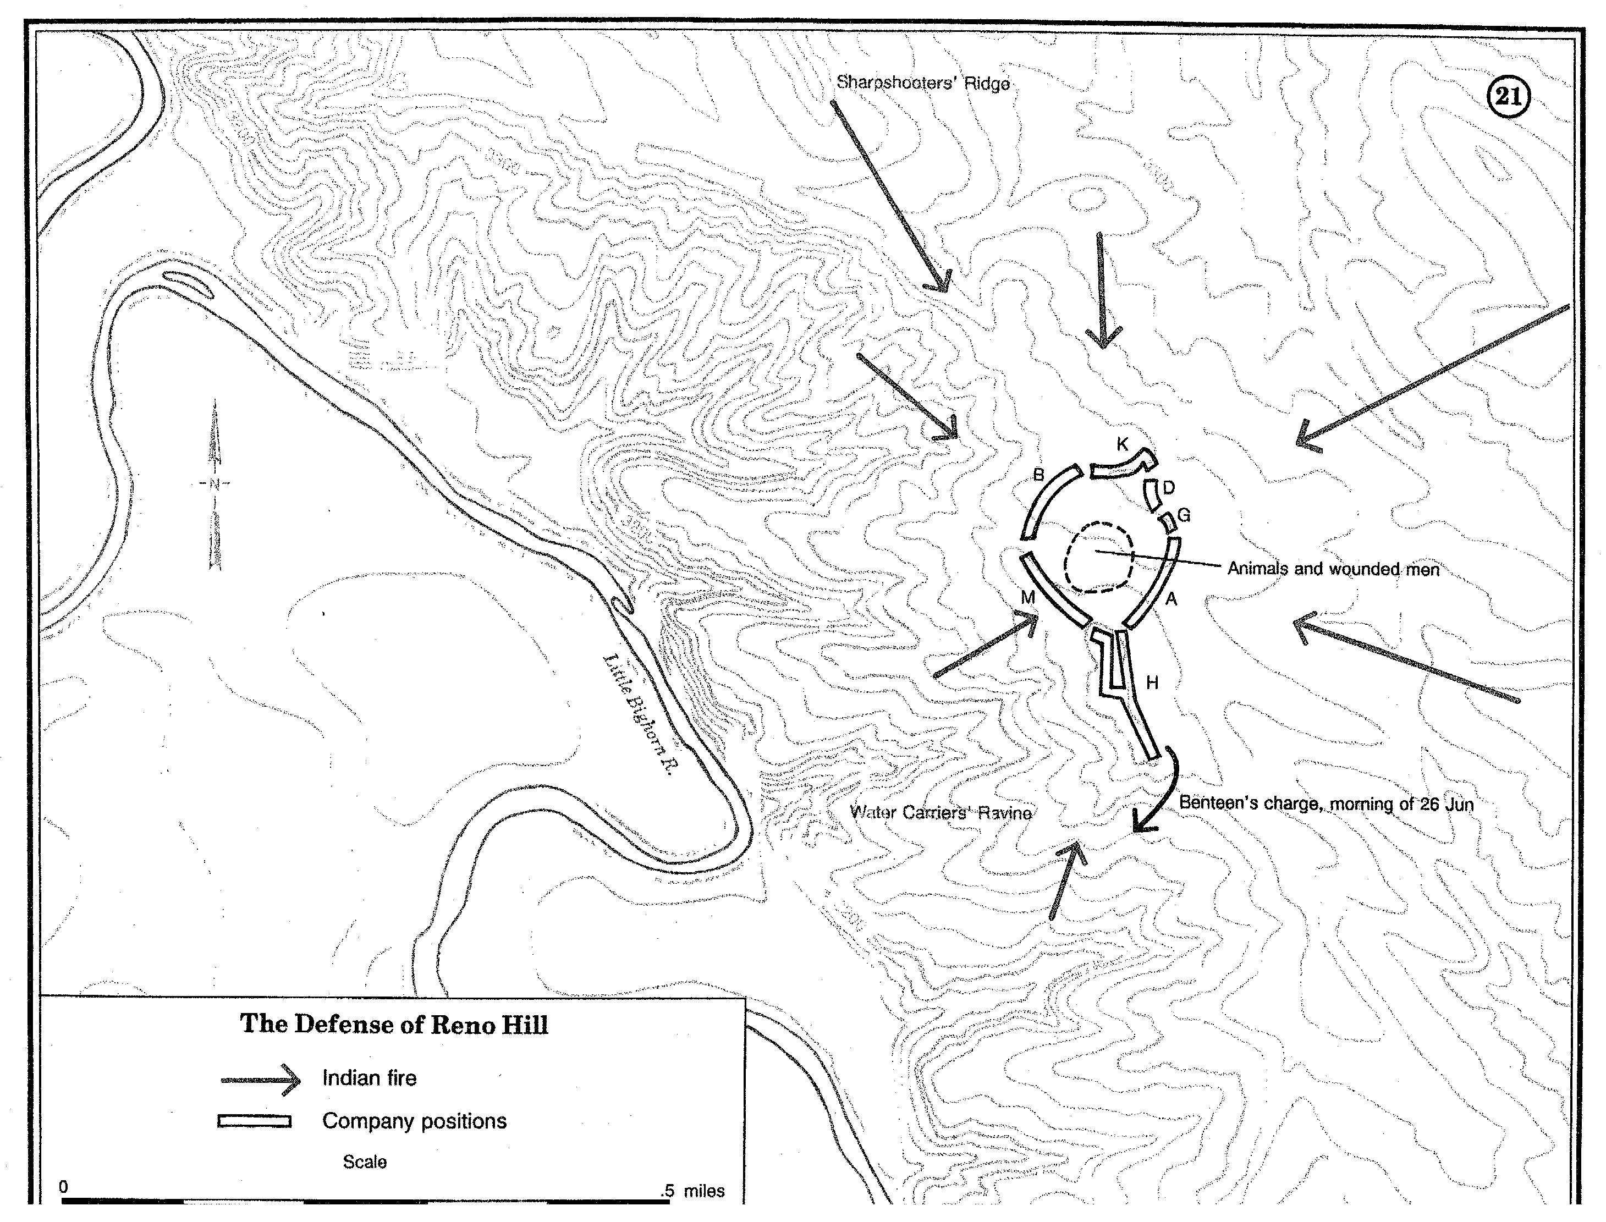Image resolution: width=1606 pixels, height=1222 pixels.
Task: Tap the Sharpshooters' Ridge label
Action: click(922, 83)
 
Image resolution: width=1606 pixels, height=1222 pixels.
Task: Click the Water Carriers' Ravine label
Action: click(941, 812)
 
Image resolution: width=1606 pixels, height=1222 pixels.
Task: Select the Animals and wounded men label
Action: click(1333, 569)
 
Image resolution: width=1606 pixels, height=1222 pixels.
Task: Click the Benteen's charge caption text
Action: click(1325, 803)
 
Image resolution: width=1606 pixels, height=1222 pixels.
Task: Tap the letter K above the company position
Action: click(1123, 444)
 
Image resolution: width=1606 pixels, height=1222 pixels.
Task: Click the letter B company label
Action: click(1038, 475)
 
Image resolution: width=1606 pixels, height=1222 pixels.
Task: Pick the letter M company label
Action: click(1027, 597)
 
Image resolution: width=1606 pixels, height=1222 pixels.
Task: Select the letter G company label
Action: click(1184, 515)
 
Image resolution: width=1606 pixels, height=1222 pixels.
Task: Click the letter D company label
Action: click(1168, 487)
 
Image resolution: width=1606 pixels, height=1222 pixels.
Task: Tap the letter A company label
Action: click(1171, 599)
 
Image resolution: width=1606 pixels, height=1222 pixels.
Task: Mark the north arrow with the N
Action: click(215, 484)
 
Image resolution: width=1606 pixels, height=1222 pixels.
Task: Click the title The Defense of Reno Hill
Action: click(393, 1024)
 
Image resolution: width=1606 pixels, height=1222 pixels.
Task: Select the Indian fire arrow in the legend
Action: click(260, 1080)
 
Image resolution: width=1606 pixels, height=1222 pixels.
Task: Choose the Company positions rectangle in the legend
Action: click(255, 1121)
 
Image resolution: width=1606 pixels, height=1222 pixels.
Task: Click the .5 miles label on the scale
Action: click(692, 1191)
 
